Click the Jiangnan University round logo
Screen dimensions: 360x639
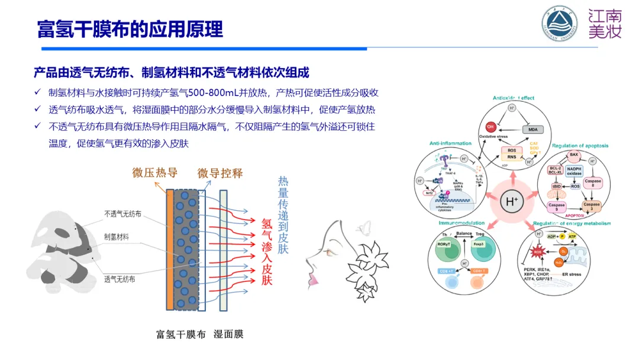[x=559, y=25]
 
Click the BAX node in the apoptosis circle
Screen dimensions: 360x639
[x=573, y=155]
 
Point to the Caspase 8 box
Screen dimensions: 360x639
[x=592, y=184]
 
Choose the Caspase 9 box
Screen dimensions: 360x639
[x=557, y=207]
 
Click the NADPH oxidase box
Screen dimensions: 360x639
[x=575, y=172]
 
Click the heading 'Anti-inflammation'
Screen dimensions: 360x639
[x=451, y=143]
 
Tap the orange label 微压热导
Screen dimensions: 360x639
[x=155, y=173]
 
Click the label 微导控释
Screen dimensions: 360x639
[x=220, y=173]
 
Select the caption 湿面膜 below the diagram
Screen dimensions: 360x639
[x=228, y=335]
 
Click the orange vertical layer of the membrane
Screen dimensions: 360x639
[x=170, y=250]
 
